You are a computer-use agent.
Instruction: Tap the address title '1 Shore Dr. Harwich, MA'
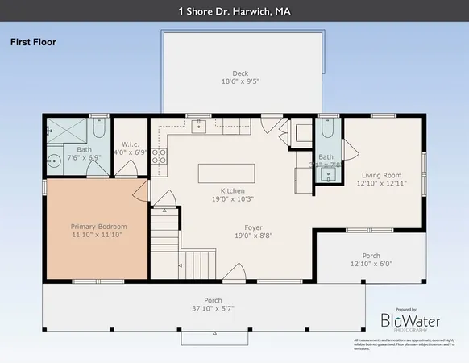234,11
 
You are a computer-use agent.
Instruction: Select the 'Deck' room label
240,73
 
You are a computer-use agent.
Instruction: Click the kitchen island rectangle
227,173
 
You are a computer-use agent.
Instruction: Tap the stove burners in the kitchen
160,156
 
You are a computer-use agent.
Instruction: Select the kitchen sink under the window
198,127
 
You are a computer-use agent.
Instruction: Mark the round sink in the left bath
54,160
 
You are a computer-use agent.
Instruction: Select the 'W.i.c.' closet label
130,143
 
